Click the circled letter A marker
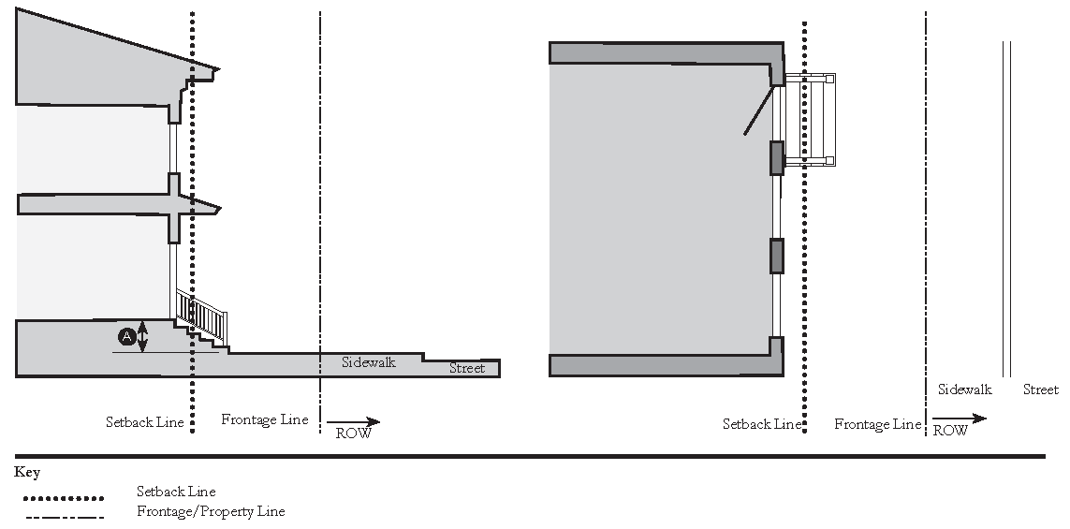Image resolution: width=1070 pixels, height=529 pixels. pos(125,335)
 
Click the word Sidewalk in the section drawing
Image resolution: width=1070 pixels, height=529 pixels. pos(368,361)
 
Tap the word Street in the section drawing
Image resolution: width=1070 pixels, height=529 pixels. pos(467,368)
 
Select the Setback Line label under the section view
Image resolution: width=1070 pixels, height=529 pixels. pos(144,421)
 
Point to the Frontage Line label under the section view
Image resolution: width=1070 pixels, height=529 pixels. pos(264,419)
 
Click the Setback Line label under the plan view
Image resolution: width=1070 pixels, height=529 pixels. pos(762,424)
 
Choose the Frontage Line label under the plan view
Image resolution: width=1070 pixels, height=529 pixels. pos(877,424)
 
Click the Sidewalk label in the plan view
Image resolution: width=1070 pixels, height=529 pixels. pos(964,389)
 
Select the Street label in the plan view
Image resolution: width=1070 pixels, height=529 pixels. pos(1040,389)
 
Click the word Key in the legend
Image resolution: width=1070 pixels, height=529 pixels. pos(27,473)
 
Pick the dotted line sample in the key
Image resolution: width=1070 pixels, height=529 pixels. pos(63,498)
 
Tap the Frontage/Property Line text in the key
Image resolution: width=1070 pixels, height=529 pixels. pos(211,512)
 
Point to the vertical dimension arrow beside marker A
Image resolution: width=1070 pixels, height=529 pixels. pos(142,336)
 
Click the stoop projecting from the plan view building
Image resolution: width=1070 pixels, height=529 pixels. pos(808,119)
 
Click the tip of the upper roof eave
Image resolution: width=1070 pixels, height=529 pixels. pos(218,68)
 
